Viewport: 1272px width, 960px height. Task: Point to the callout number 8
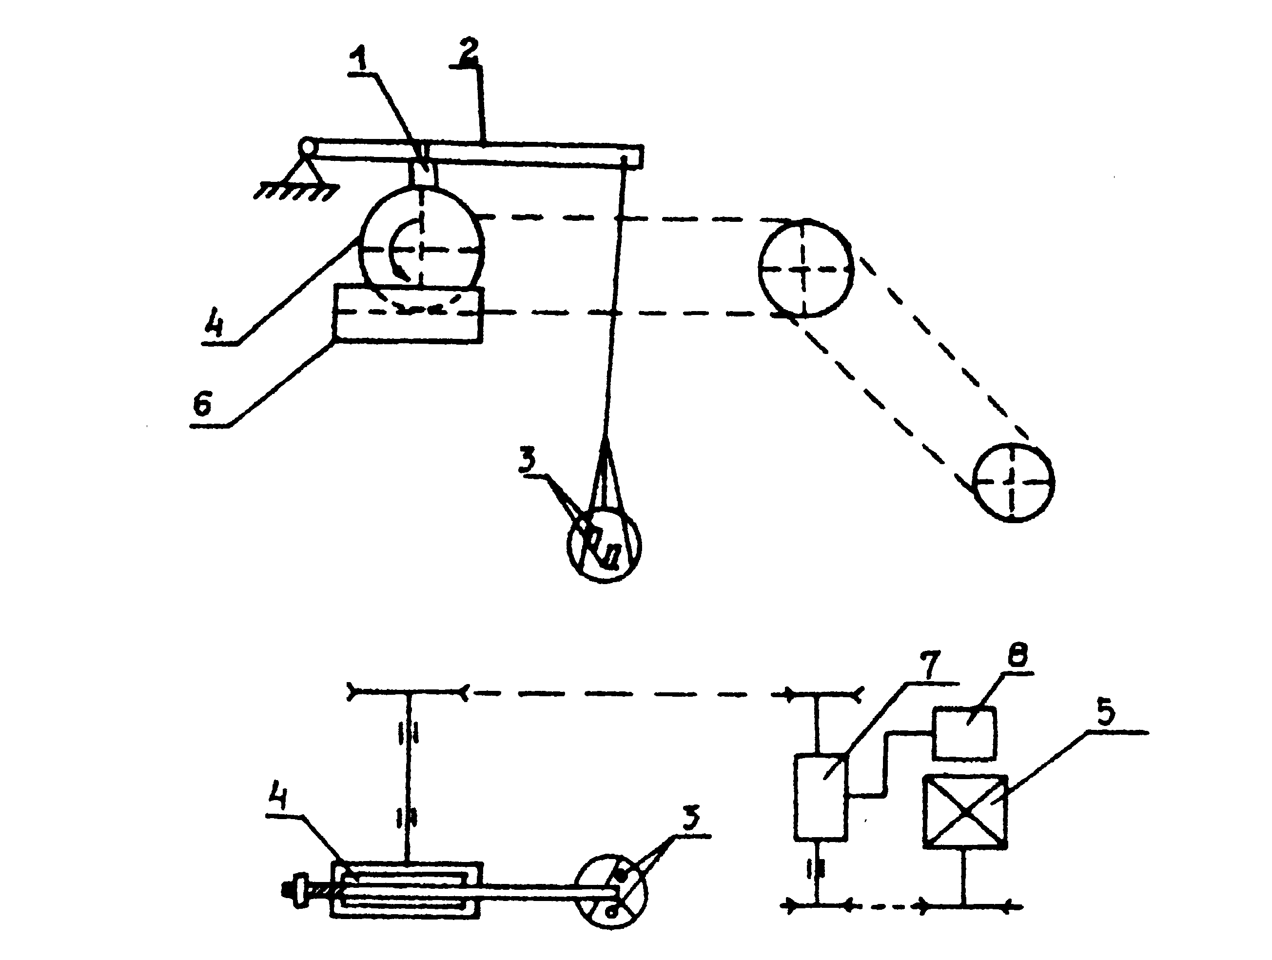1018,655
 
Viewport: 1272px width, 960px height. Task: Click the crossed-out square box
965,811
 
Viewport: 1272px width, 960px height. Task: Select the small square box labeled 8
964,733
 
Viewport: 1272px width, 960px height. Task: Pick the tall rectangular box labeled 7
821,797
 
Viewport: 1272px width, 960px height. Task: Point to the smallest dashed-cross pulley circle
1013,482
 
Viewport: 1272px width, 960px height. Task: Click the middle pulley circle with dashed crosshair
805,268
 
